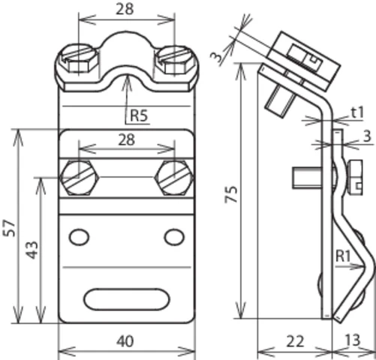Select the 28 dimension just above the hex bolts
127,140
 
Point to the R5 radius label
139,115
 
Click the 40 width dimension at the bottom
126,341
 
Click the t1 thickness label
356,112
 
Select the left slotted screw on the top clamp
78,56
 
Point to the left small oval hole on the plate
77,237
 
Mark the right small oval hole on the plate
174,237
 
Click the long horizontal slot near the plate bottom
125,298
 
